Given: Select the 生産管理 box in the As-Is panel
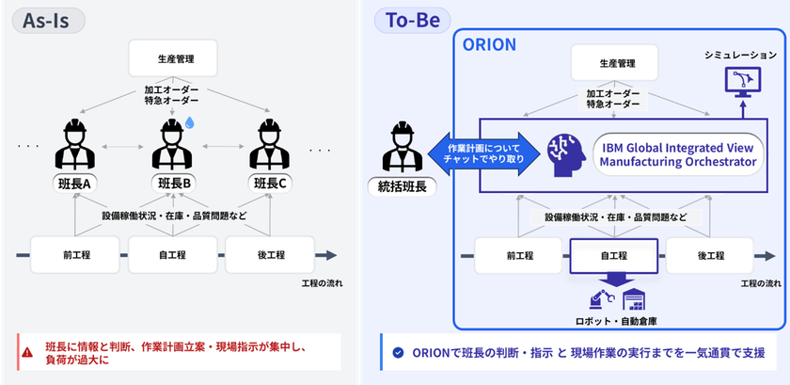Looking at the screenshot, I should [x=173, y=57].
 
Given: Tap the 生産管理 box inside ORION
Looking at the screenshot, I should [x=617, y=66].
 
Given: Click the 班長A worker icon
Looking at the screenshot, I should [x=74, y=143].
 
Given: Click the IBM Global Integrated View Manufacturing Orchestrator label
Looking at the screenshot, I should [x=677, y=153].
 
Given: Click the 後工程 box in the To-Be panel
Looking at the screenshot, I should [x=711, y=255].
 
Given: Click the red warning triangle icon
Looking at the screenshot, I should [x=25, y=351].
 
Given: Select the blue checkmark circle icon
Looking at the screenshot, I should [x=397, y=352].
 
